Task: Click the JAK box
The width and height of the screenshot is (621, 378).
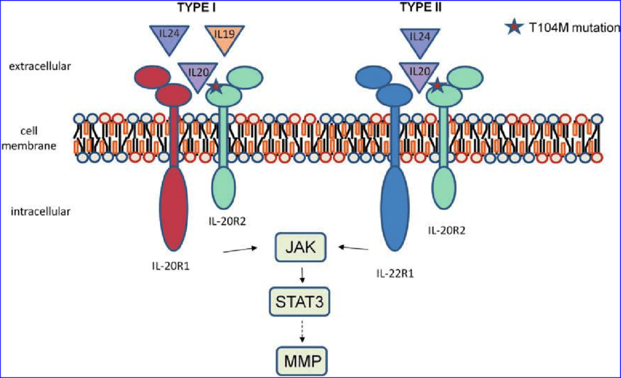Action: pyautogui.click(x=301, y=248)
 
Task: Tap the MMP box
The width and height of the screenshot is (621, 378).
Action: pyautogui.click(x=301, y=360)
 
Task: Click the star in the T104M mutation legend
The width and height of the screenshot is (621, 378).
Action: pyautogui.click(x=514, y=28)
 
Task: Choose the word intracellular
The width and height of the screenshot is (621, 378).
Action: pyautogui.click(x=41, y=212)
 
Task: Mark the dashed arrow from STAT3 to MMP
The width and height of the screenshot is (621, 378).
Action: pyautogui.click(x=301, y=332)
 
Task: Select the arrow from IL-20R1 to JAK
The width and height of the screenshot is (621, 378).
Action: pyautogui.click(x=244, y=250)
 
